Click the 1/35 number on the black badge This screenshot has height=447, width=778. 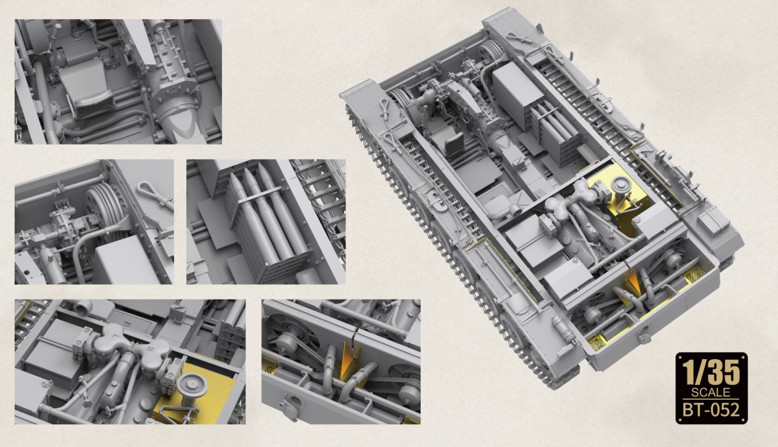[x=712, y=373]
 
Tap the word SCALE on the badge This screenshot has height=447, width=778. [x=710, y=392]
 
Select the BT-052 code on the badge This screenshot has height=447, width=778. [x=711, y=410]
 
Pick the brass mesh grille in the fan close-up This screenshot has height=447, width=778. [x=270, y=366]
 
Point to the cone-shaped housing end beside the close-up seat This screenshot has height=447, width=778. [x=181, y=127]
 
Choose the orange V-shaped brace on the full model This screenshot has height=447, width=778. [x=631, y=280]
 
